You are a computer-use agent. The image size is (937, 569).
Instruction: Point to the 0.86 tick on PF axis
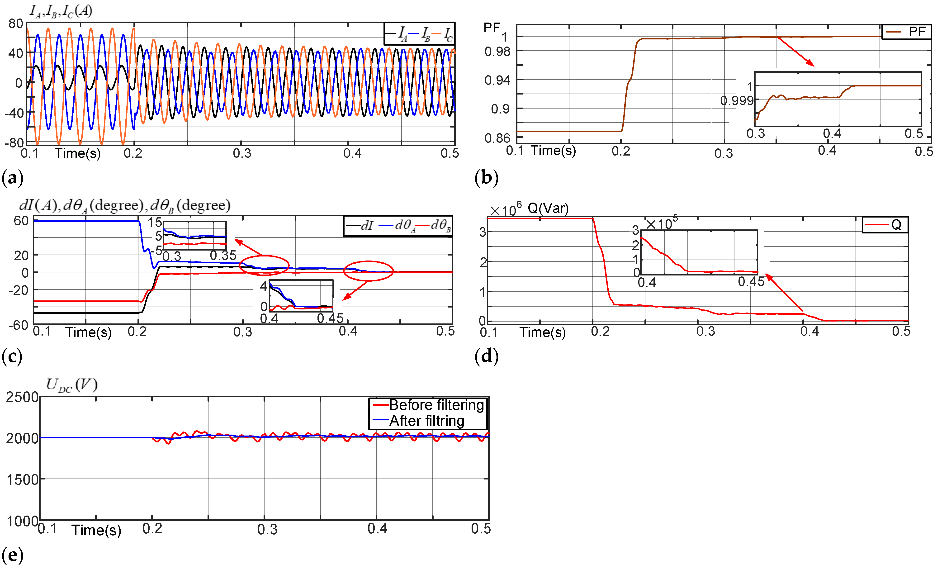tap(497, 138)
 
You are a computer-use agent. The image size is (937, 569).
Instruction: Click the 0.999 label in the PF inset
tap(737, 100)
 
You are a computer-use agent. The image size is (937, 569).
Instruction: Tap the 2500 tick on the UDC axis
tap(22, 397)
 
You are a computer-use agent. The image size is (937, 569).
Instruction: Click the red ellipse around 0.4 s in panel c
tap(368, 271)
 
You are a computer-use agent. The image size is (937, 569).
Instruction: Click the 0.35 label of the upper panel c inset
tap(223, 255)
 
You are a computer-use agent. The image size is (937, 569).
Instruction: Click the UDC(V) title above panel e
tap(71, 385)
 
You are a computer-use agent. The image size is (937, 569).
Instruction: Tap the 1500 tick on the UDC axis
tap(22, 479)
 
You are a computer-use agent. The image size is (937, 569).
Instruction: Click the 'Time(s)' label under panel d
tap(543, 332)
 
